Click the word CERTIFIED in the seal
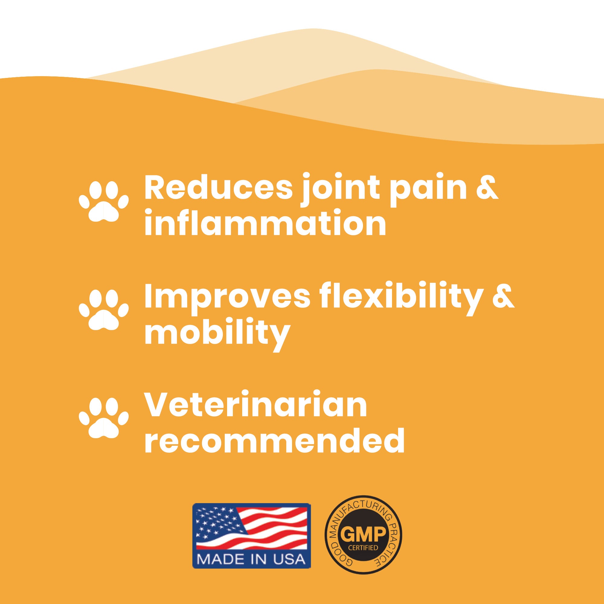[364, 548]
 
